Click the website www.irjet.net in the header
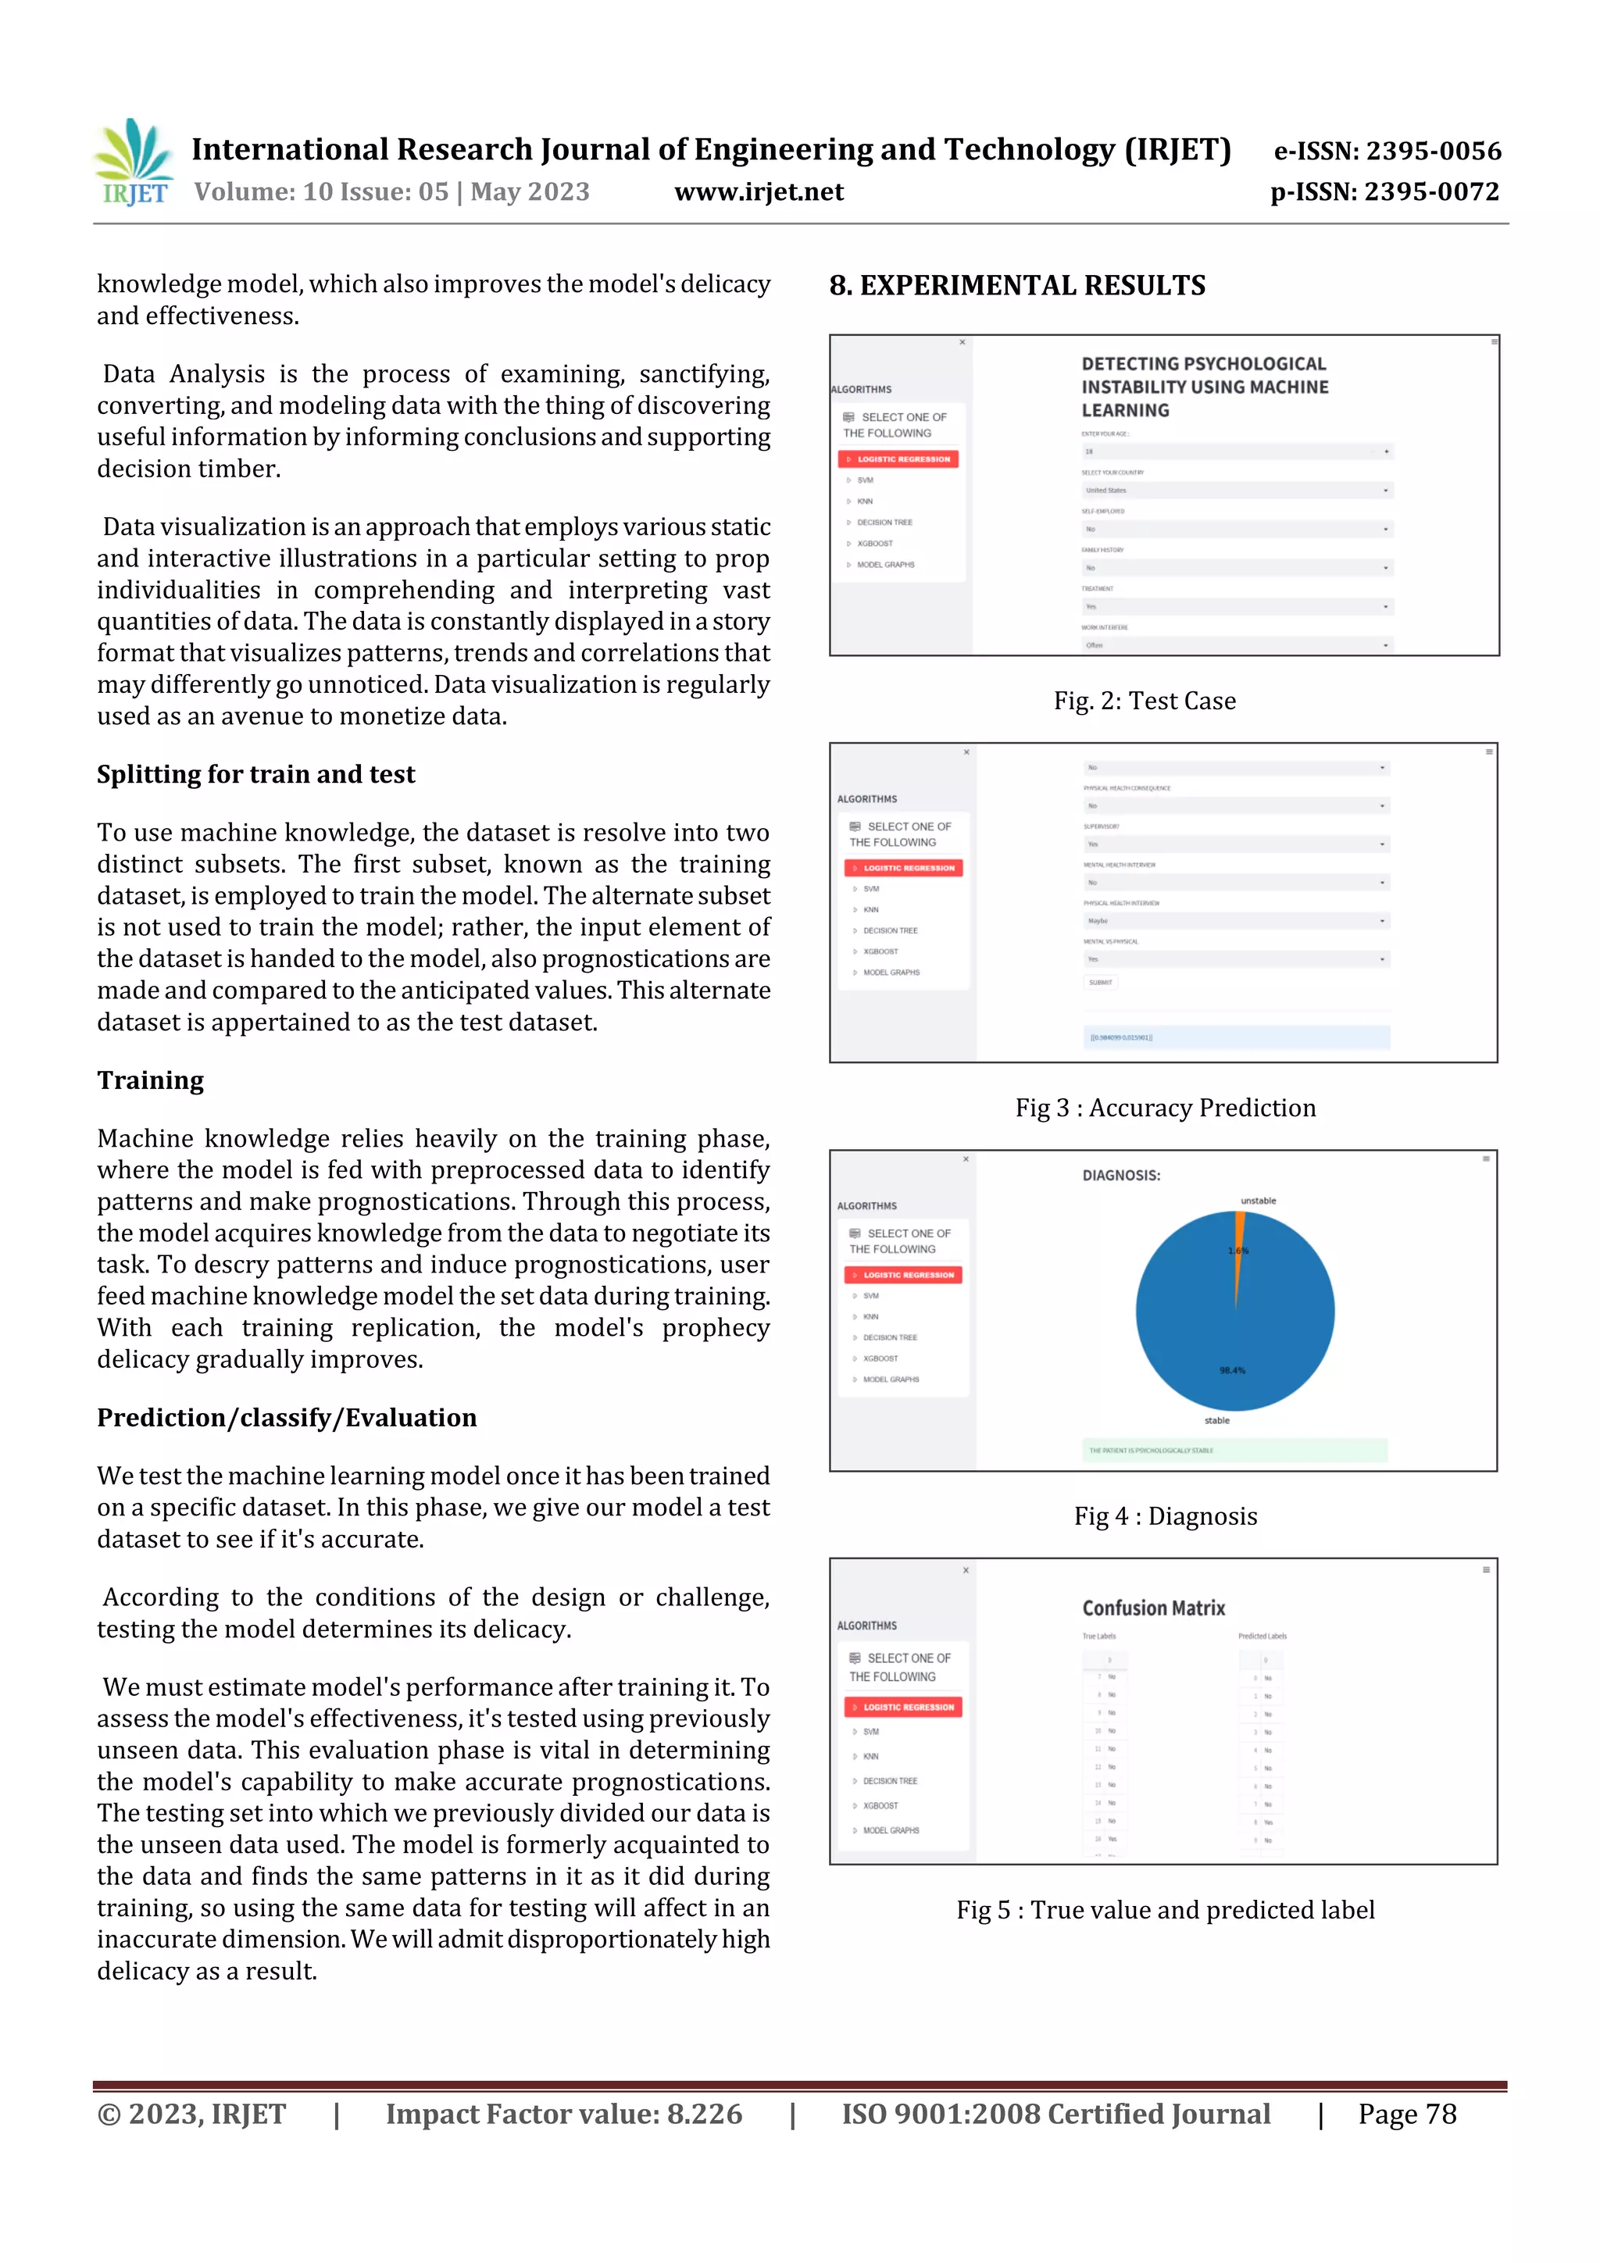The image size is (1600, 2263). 758,191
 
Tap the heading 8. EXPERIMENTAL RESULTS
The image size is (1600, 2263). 1016,286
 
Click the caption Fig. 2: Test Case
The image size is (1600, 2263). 1144,701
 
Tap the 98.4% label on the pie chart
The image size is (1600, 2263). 1231,1370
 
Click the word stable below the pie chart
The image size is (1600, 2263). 1216,1420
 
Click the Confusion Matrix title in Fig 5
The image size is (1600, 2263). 1152,1608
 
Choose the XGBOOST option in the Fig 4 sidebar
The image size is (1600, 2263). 880,1358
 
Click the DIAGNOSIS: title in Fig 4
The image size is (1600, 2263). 1121,1175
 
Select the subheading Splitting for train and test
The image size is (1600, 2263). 255,775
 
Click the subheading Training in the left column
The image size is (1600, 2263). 150,1080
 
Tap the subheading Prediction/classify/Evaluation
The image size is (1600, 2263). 286,1417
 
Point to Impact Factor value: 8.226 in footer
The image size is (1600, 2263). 563,2114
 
